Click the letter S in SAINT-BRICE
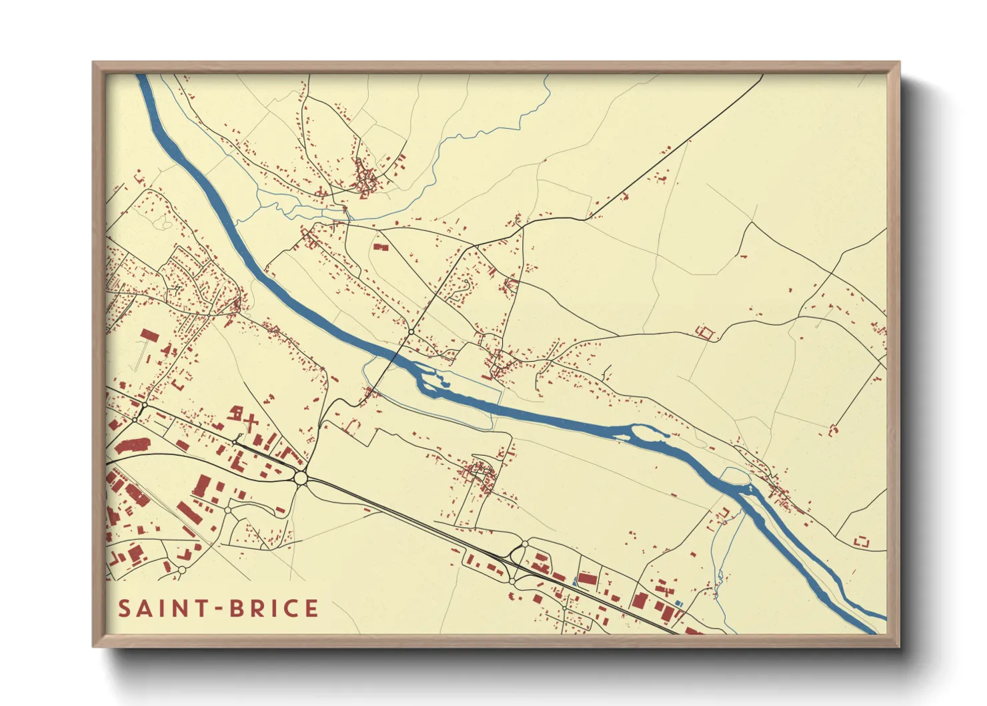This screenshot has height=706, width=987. (125, 609)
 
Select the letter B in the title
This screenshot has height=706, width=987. (237, 609)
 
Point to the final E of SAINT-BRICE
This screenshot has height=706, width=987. (311, 609)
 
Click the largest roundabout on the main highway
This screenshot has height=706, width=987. (301, 478)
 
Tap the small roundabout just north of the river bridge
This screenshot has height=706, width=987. (412, 332)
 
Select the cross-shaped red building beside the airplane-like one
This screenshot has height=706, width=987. (251, 421)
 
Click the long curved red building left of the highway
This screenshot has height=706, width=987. (132, 446)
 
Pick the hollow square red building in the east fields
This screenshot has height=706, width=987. (704, 332)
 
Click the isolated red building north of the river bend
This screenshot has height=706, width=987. (380, 247)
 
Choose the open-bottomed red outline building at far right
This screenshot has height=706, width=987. (862, 541)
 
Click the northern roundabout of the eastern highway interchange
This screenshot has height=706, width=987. (525, 545)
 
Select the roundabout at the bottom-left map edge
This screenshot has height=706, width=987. (181, 571)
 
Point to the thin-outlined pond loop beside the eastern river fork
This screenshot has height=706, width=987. (736, 476)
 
